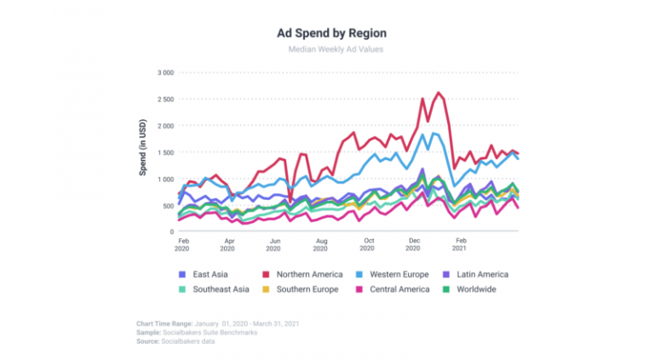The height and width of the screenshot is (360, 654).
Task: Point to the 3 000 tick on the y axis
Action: pos(162,73)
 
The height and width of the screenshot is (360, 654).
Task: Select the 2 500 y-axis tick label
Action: pos(162,100)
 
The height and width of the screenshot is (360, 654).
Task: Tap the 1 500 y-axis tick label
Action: pos(162,152)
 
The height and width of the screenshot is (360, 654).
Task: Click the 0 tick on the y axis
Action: pos(170,231)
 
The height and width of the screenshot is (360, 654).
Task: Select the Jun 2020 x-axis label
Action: pos(273,245)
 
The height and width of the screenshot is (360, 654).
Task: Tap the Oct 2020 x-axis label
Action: pos(366,245)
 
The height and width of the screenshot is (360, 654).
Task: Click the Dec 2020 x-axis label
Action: pos(413,245)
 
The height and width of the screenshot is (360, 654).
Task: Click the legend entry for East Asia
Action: pos(204,274)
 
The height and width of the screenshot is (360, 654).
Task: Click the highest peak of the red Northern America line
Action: pos(439,93)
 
